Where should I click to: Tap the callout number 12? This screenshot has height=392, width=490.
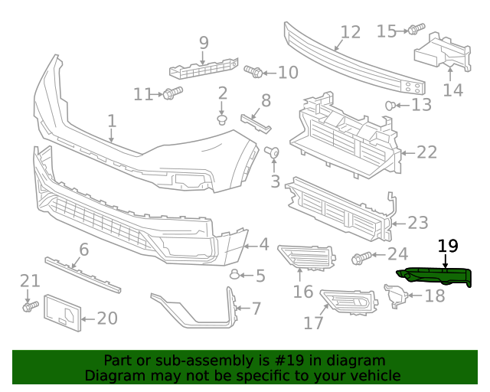(350, 32)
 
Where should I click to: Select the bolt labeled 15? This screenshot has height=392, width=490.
(415, 30)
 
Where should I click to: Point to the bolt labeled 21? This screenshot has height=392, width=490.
(29, 305)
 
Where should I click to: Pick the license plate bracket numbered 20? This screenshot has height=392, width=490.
(62, 313)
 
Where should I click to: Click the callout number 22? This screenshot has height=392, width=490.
(426, 152)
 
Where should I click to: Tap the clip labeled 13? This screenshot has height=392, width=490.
(392, 105)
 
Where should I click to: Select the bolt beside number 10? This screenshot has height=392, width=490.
(254, 72)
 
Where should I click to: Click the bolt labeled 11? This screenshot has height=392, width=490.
(171, 93)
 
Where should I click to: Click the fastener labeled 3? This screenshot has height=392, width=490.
(273, 154)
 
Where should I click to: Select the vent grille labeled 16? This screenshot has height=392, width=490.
(307, 259)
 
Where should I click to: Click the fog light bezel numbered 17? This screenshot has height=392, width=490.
(349, 302)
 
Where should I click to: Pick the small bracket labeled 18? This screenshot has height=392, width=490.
(395, 296)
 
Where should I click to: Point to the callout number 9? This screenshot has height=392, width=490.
(204, 42)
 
